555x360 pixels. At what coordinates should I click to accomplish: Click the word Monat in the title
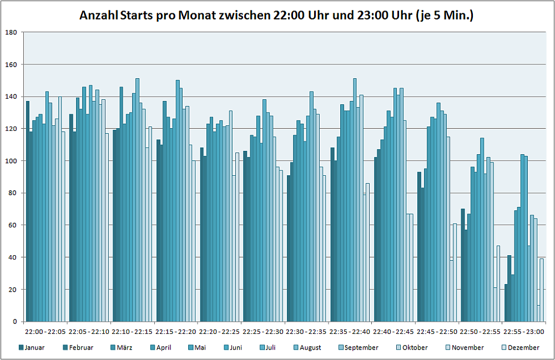(x=196, y=16)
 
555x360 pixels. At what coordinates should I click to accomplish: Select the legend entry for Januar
(x=32, y=348)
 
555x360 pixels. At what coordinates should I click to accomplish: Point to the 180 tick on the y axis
(x=11, y=32)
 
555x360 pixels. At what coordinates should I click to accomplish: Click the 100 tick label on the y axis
(x=11, y=161)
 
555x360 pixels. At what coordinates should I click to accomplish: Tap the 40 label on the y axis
(x=13, y=257)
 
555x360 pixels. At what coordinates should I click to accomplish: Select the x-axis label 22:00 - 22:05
(x=46, y=331)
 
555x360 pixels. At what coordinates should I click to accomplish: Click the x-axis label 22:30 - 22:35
(x=306, y=331)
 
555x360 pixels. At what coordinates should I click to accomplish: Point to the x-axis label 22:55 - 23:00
(x=524, y=331)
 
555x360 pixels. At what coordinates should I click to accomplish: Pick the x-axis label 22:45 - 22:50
(x=437, y=331)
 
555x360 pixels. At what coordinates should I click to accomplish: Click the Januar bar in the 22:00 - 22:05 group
(x=28, y=211)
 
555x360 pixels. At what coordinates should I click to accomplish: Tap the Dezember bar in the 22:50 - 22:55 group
(x=498, y=283)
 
